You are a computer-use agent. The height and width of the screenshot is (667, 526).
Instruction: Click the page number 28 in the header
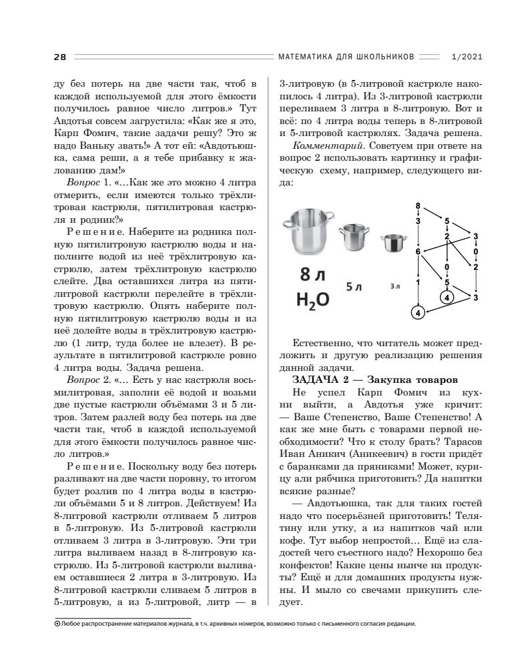click(x=59, y=57)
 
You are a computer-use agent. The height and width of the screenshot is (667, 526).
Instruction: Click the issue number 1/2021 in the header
click(x=467, y=57)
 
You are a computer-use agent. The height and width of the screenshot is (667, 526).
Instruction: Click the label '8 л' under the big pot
click(x=312, y=275)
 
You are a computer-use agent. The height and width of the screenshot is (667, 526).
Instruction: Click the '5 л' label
click(x=353, y=287)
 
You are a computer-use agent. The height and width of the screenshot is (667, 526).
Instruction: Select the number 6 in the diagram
click(x=418, y=251)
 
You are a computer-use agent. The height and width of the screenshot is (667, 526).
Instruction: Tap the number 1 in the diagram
click(x=418, y=282)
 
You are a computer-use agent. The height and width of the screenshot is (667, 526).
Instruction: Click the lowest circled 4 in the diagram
click(x=418, y=312)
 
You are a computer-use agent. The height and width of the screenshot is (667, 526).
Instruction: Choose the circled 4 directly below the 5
click(x=447, y=297)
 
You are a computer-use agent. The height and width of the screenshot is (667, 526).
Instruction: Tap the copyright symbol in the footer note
click(x=56, y=624)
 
